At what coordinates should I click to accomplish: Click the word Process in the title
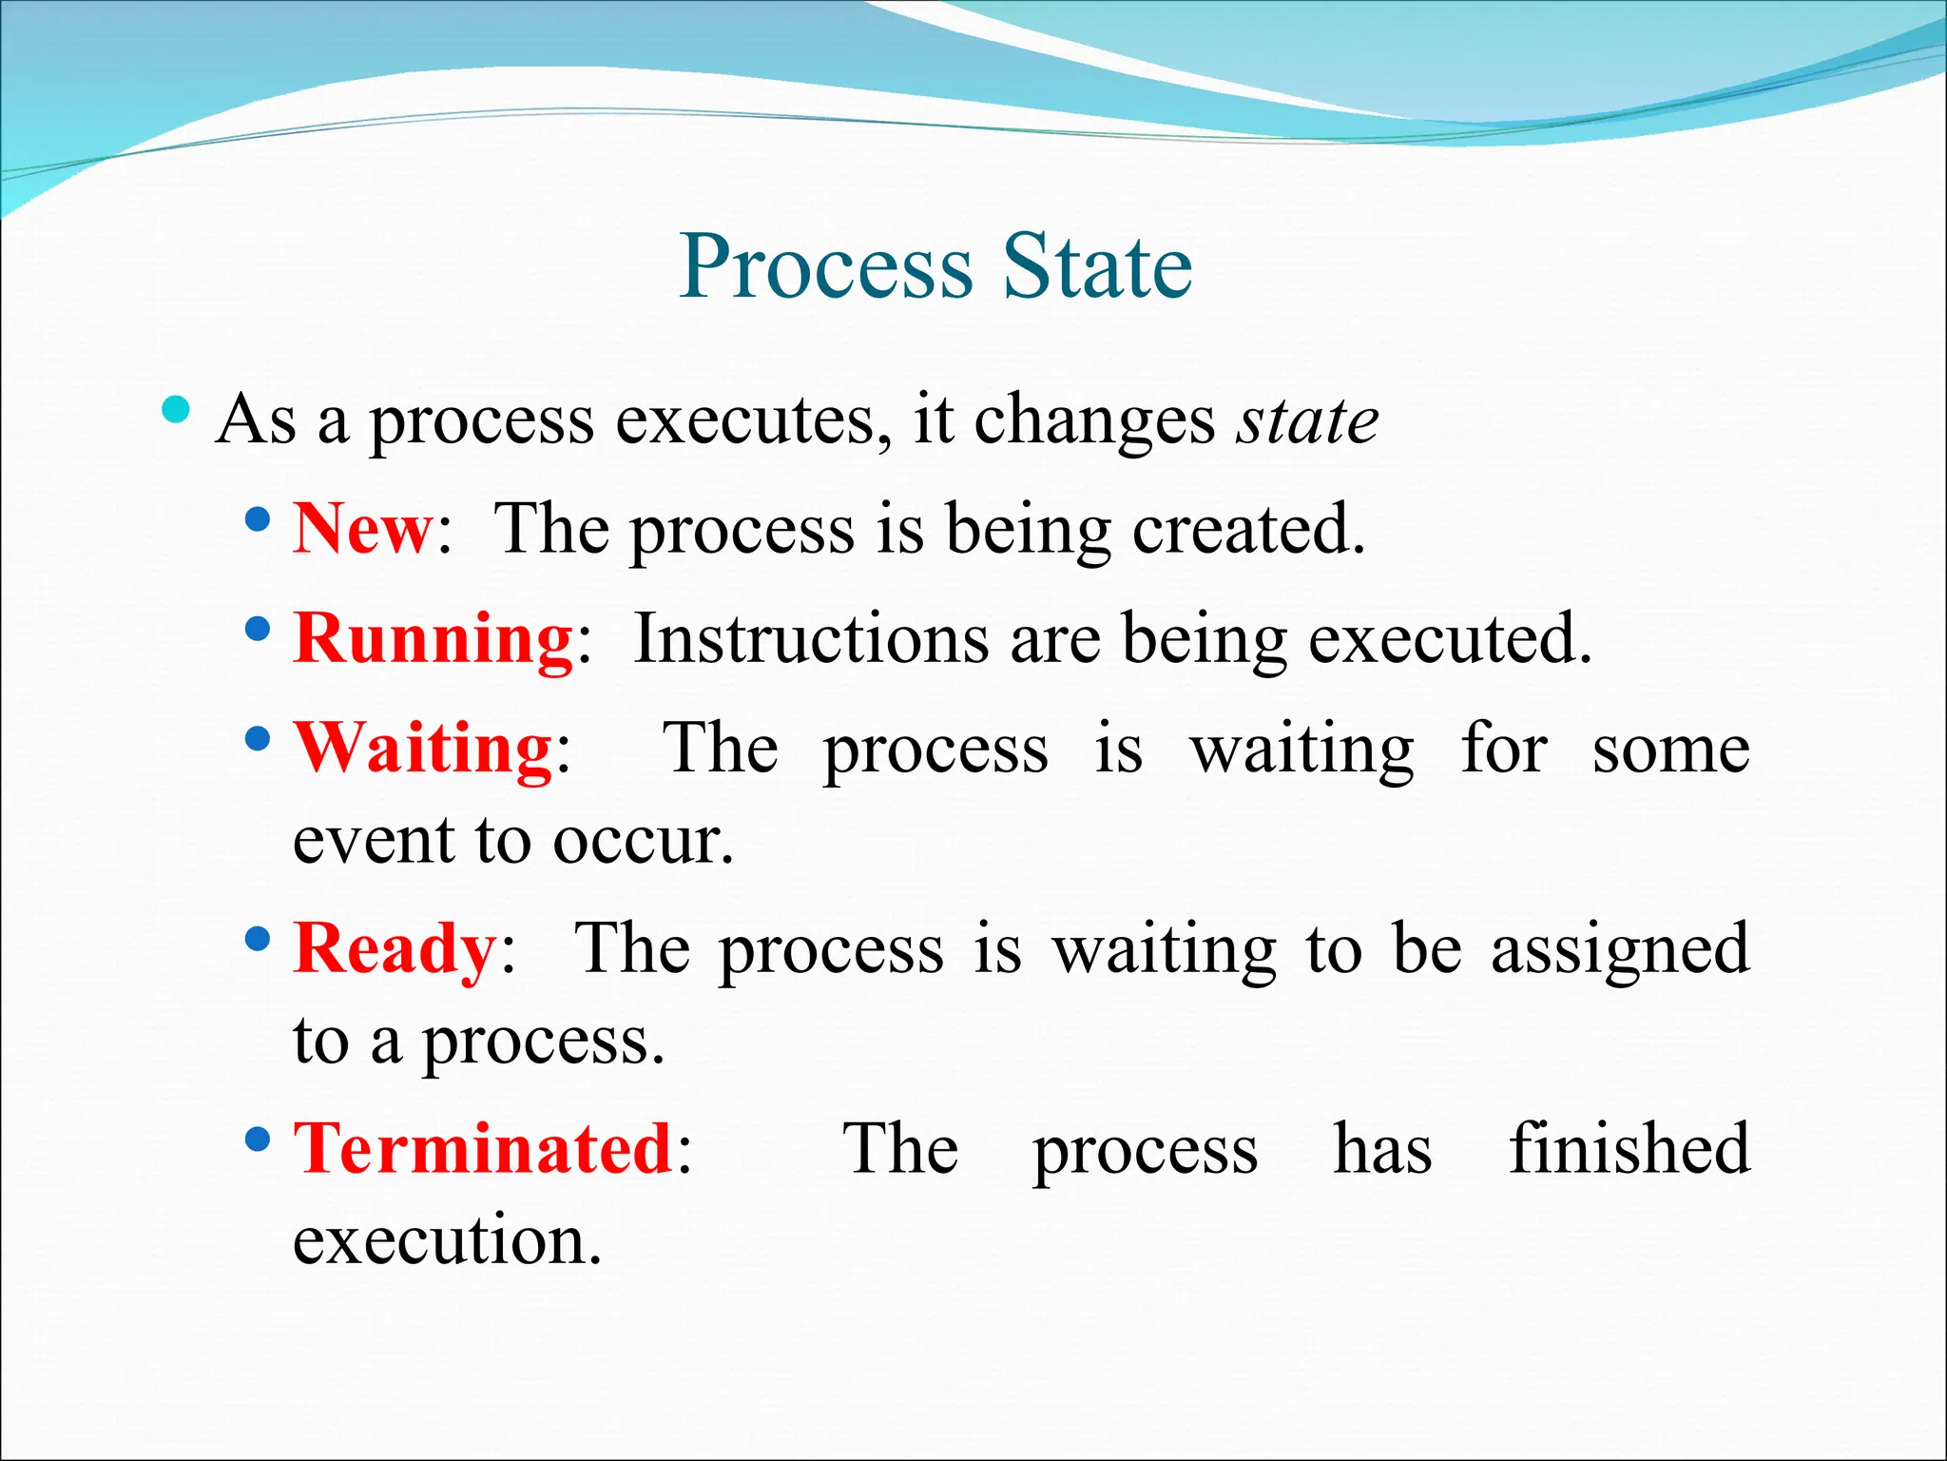pyautogui.click(x=826, y=267)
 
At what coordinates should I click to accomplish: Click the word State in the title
pyautogui.click(x=1097, y=267)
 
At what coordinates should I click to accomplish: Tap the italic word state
pyautogui.click(x=1307, y=420)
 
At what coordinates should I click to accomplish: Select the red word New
pyautogui.click(x=362, y=529)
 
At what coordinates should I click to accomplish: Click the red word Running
pyautogui.click(x=433, y=638)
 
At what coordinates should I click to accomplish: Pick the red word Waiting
pyautogui.click(x=423, y=749)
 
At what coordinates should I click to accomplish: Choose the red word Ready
pyautogui.click(x=395, y=948)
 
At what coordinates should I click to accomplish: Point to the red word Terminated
pyautogui.click(x=483, y=1149)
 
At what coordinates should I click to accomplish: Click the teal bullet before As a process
pyautogui.click(x=176, y=411)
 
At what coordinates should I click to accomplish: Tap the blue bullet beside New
pyautogui.click(x=257, y=520)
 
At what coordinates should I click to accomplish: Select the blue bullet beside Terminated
pyautogui.click(x=257, y=1139)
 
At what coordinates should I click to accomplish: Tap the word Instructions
pyautogui.click(x=811, y=638)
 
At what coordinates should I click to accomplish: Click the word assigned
pyautogui.click(x=1620, y=950)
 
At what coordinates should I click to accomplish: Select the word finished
pyautogui.click(x=1629, y=1149)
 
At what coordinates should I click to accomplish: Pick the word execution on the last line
pyautogui.click(x=447, y=1241)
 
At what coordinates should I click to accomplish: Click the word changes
pyautogui.click(x=1094, y=420)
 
